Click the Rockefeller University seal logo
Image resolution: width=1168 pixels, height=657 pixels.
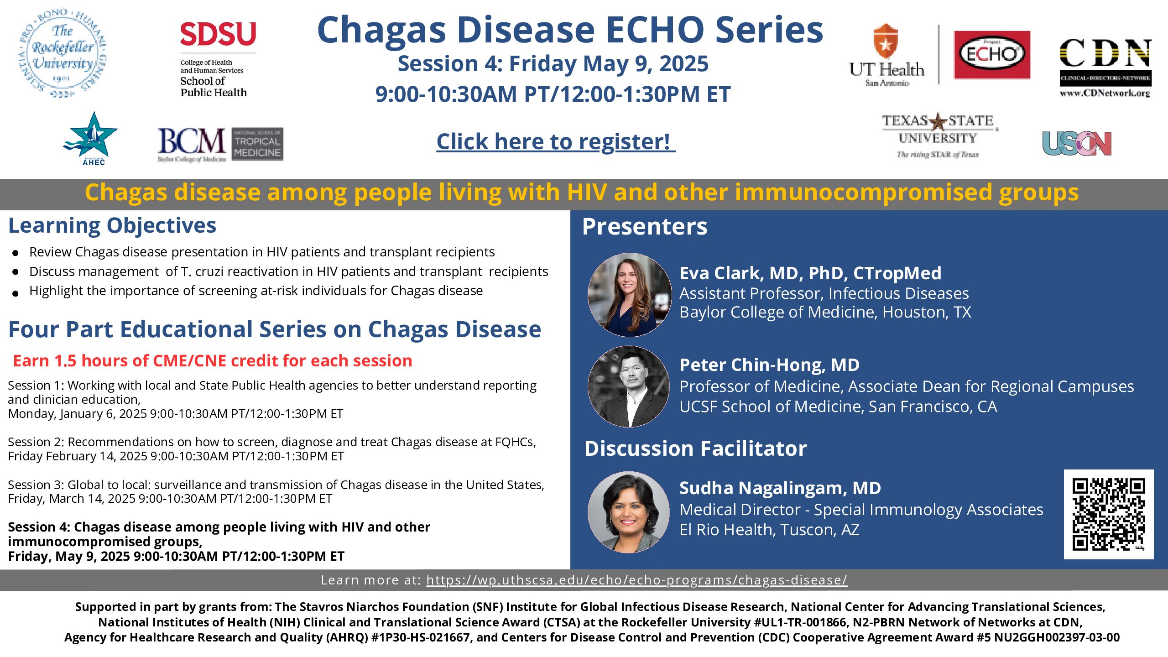click(x=63, y=53)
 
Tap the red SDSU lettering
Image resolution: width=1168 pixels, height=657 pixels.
click(x=218, y=34)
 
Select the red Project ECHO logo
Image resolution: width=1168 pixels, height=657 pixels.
click(x=992, y=55)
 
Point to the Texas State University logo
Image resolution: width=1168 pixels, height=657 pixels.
click(x=938, y=136)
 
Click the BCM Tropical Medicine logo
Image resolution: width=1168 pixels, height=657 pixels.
click(x=220, y=144)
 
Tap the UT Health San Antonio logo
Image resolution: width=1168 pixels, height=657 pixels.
click(x=886, y=55)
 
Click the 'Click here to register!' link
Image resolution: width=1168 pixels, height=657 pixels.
click(x=556, y=141)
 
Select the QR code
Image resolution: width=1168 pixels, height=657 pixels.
click(x=1109, y=514)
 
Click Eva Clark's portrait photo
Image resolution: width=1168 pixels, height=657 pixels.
click(x=629, y=295)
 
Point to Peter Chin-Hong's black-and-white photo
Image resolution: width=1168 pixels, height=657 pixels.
click(x=629, y=386)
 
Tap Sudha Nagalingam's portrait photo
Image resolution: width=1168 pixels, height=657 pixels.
click(x=629, y=512)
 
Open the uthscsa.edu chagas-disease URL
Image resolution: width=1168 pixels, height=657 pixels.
click(x=637, y=580)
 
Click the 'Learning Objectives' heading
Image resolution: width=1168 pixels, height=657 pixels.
click(x=112, y=226)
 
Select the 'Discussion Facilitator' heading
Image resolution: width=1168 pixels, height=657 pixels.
click(x=695, y=448)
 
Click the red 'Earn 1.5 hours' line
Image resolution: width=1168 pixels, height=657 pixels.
click(x=213, y=360)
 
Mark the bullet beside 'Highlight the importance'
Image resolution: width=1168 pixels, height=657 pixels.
click(x=16, y=293)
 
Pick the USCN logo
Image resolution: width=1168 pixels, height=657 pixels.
click(x=1077, y=144)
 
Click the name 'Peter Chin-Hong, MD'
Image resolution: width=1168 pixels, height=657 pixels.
click(x=770, y=365)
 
